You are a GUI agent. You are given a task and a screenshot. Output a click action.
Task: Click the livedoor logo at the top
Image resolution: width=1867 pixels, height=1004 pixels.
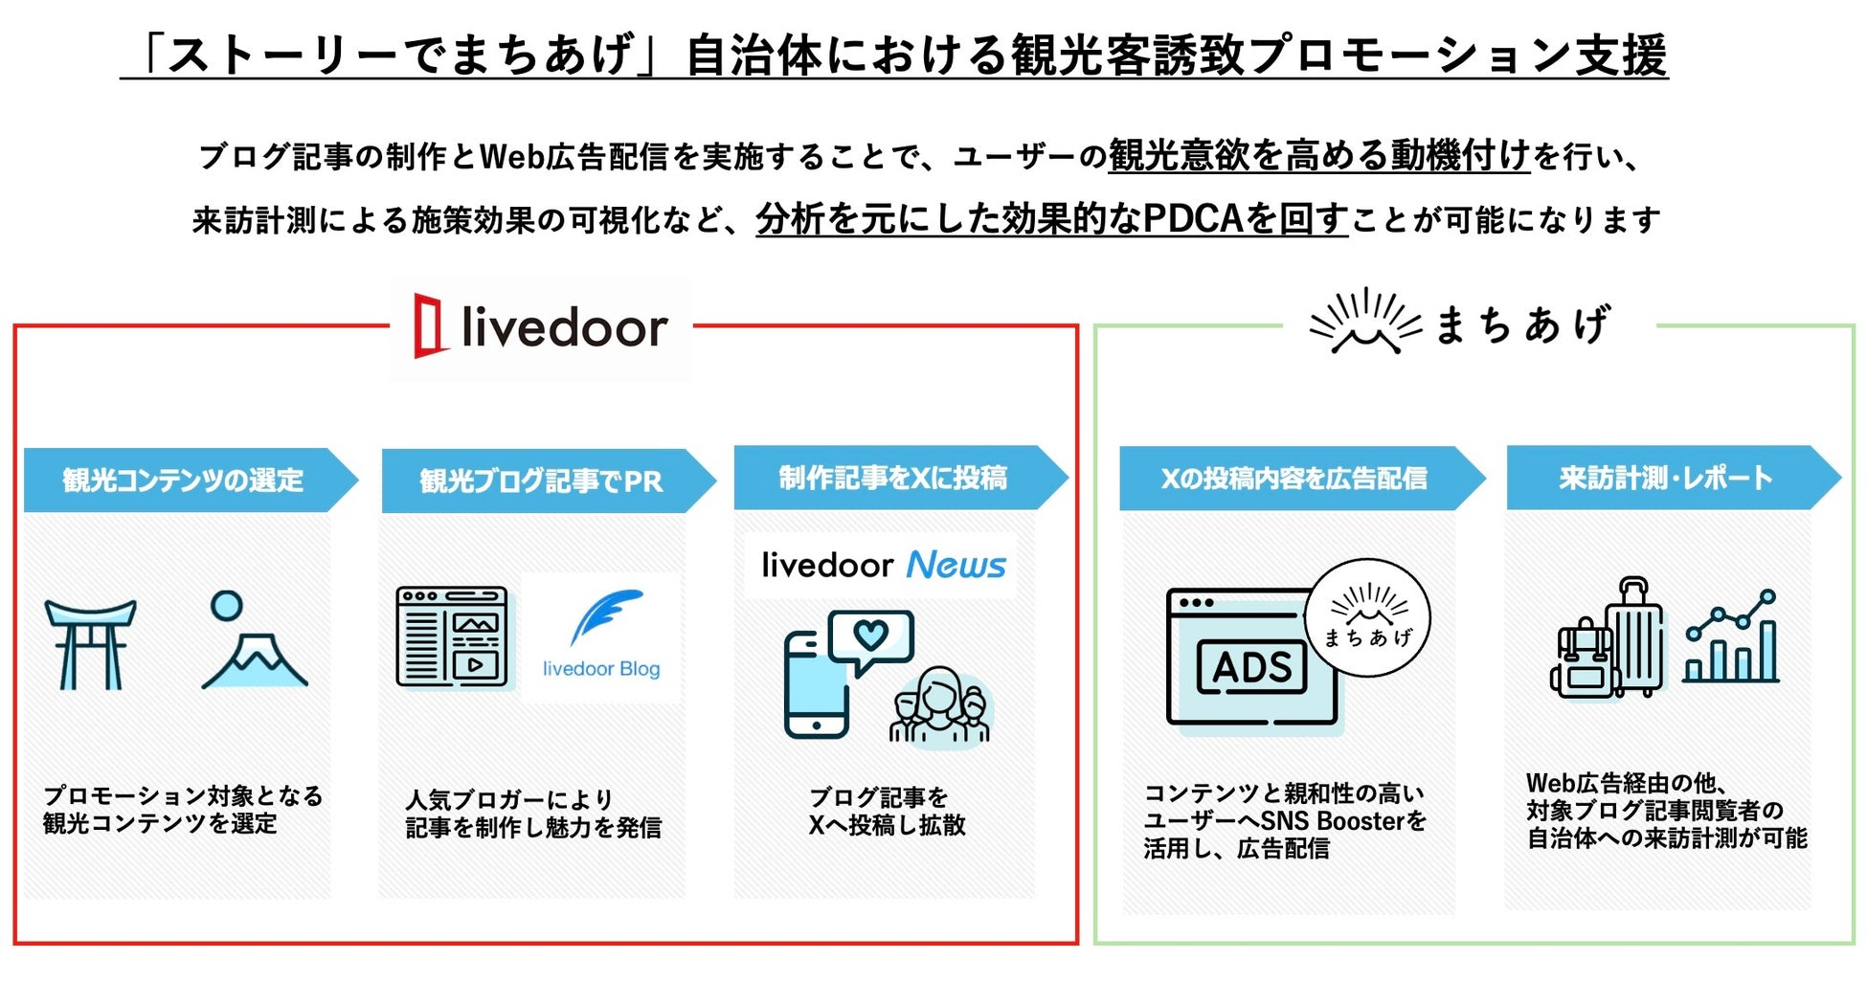541,327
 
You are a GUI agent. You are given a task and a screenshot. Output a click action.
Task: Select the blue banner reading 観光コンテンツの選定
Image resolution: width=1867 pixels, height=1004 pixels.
184,480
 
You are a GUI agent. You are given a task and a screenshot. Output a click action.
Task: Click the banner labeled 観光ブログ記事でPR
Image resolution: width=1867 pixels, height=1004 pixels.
542,480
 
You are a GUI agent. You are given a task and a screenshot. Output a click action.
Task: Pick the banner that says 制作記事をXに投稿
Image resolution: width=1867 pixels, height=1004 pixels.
893,477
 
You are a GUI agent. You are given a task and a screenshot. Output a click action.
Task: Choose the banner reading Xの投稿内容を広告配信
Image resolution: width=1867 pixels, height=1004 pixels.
1294,478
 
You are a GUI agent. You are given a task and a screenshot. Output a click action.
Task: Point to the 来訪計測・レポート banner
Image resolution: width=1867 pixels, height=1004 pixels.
1666,477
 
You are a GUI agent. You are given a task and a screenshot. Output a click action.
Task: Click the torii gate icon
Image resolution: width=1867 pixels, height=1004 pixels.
91,644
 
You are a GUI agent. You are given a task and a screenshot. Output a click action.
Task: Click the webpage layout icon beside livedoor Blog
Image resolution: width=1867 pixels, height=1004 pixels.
452,636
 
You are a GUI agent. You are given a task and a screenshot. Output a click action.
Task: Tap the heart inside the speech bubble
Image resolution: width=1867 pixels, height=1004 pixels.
870,634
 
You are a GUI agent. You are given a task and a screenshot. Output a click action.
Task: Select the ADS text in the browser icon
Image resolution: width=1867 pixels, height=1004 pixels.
1252,667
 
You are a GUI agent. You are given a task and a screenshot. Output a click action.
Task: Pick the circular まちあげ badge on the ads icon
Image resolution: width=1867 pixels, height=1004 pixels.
1367,618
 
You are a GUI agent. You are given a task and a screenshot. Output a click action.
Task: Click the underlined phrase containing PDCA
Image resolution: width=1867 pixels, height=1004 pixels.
1051,219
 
